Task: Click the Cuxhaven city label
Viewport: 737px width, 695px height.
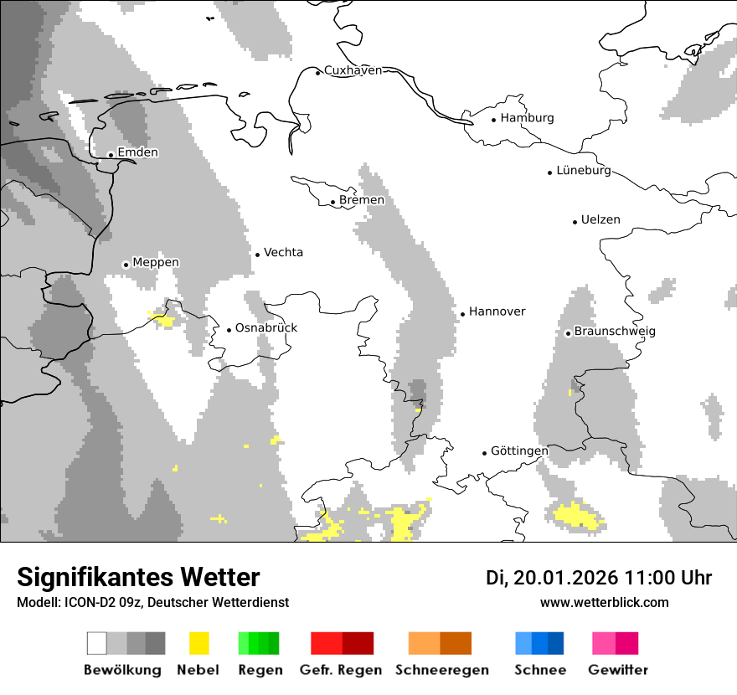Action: click(353, 70)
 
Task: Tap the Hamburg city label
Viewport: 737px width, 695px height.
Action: click(527, 118)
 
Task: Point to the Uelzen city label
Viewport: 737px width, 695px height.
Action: click(600, 219)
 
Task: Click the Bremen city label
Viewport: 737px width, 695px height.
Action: click(362, 200)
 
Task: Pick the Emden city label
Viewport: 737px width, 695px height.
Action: click(137, 152)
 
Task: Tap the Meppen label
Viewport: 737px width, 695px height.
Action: click(156, 262)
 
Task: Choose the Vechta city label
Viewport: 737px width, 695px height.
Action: click(283, 252)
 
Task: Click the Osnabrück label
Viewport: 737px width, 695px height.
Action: click(266, 328)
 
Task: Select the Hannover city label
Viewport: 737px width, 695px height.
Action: click(497, 311)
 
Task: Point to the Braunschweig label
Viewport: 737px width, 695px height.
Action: click(615, 332)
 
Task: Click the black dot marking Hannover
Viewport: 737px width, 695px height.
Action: click(462, 314)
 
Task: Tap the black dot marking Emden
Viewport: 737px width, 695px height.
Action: click(111, 155)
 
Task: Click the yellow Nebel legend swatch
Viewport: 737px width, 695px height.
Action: click(199, 643)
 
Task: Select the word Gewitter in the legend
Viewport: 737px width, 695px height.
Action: click(618, 670)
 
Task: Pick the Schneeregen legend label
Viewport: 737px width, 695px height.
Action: click(442, 670)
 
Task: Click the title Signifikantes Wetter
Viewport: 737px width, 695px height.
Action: click(138, 577)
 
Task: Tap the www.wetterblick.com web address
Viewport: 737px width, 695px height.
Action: click(604, 603)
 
